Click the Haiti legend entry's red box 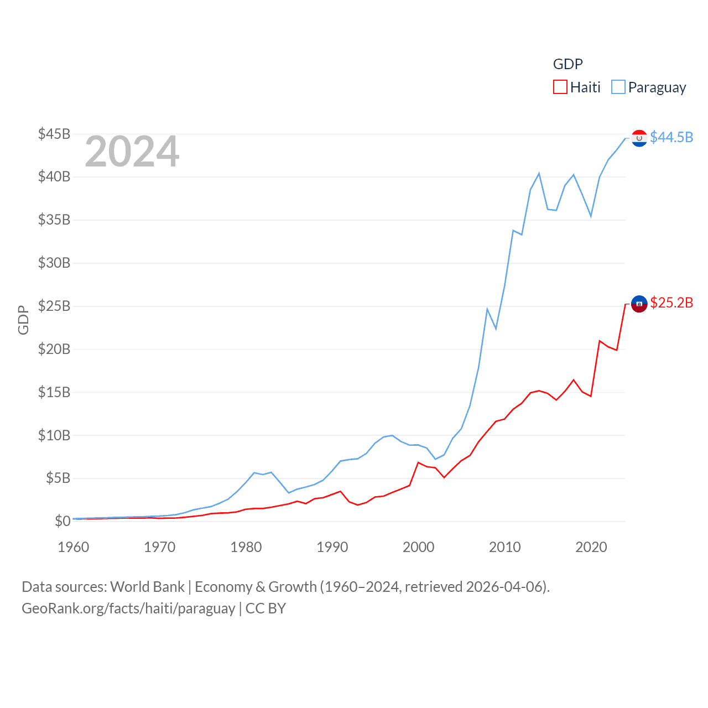(560, 87)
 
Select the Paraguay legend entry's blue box (618, 87)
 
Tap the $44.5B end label (671, 137)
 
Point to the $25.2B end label (671, 303)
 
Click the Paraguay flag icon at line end (639, 138)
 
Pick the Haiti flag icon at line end (639, 304)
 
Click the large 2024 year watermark (132, 152)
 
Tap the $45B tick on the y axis (54, 134)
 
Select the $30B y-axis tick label (54, 263)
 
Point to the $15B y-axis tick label (54, 392)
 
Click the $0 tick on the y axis (63, 521)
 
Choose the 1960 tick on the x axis (74, 547)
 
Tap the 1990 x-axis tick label (332, 547)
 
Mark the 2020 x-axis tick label (591, 547)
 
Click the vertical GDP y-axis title (23, 320)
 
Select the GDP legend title (568, 64)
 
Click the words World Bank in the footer (147, 587)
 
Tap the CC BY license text (265, 608)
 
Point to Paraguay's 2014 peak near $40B (539, 174)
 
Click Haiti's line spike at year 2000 (418, 462)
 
